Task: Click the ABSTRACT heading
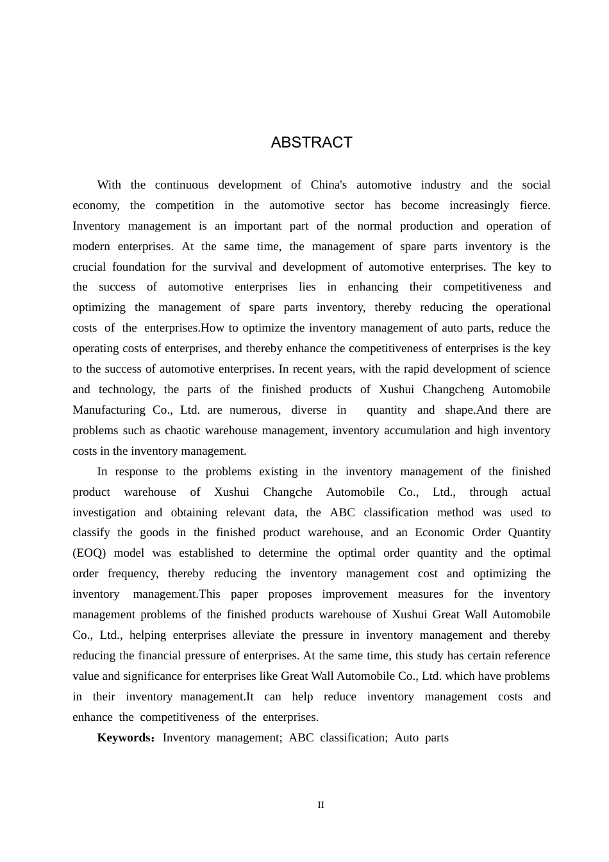click(312, 142)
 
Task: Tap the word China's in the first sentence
click(328, 185)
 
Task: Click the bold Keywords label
click(124, 738)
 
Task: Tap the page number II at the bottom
click(321, 805)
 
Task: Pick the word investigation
click(104, 512)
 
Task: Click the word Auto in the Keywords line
click(406, 738)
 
